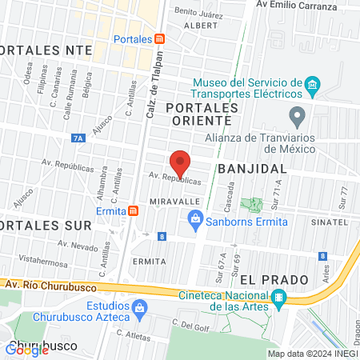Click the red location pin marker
pyautogui.click(x=181, y=163)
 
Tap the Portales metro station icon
pyautogui.click(x=160, y=39)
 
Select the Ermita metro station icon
pyautogui.click(x=133, y=210)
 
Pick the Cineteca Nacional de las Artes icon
pyautogui.click(x=278, y=300)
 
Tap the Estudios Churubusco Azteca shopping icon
pyautogui.click(x=139, y=307)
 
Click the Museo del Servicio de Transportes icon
pyautogui.click(x=313, y=84)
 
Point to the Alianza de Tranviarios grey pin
pyautogui.click(x=298, y=117)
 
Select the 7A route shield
pyautogui.click(x=78, y=138)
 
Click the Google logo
pyautogui.click(x=27, y=348)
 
